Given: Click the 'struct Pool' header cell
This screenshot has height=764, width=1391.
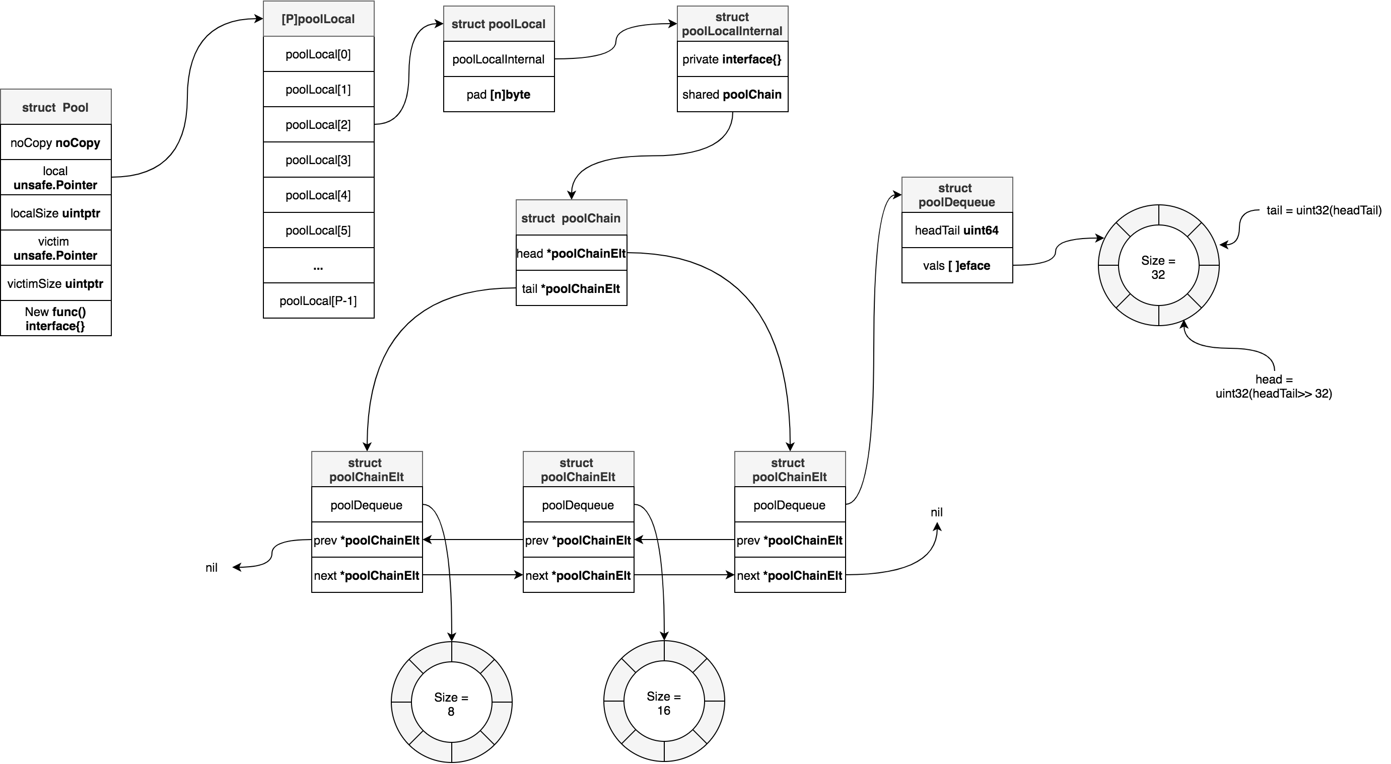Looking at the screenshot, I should (x=55, y=107).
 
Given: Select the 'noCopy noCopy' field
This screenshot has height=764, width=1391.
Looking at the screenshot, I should (x=55, y=142).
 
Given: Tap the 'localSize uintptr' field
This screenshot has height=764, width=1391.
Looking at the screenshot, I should (x=55, y=213).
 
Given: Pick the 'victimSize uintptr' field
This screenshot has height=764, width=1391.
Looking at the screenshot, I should (x=55, y=283).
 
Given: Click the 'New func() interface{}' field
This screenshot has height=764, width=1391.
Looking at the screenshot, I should (x=55, y=318).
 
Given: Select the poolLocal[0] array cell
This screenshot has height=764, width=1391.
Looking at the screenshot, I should (x=318, y=54).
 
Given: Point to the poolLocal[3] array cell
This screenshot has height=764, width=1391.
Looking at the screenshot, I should (x=318, y=160).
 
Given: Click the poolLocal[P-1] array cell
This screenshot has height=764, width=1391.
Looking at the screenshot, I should (x=318, y=300).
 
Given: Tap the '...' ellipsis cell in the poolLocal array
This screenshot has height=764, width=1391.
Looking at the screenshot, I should (x=318, y=265).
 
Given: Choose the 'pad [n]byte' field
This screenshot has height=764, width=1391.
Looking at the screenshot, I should (x=499, y=95).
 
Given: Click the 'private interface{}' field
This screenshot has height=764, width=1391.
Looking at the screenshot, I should (x=732, y=59).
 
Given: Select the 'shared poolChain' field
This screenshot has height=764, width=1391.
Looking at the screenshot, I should (x=732, y=95).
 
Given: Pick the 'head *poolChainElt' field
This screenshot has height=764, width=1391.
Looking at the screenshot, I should (x=571, y=254).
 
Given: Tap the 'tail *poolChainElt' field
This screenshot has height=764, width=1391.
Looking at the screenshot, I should (x=571, y=289).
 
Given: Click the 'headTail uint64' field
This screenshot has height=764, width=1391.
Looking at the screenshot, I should (x=957, y=231).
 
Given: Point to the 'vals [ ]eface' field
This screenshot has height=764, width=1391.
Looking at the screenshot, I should (x=957, y=265).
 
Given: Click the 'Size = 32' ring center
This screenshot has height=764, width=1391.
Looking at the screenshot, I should (x=1158, y=267).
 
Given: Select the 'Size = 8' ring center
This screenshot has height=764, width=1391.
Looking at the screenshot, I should (x=451, y=704).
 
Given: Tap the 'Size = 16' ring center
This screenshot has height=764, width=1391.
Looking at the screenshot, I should (x=664, y=703).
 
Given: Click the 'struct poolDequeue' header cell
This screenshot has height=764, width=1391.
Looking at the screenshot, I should (x=957, y=195).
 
